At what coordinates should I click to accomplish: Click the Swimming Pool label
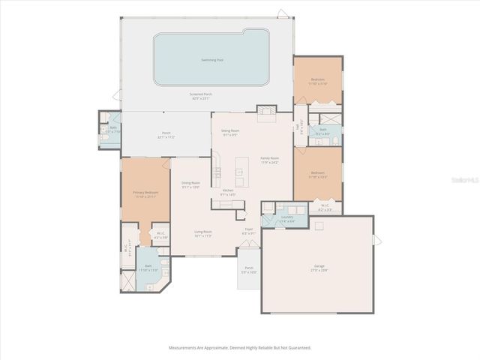[x=211, y=59]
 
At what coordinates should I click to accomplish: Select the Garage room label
[x=319, y=269]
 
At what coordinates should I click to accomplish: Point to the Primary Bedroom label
[x=145, y=193]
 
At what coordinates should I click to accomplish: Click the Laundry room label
[x=287, y=218]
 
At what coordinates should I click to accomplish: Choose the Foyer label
[x=249, y=232]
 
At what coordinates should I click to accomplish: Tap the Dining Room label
[x=190, y=184]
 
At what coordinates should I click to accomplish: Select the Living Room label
[x=202, y=233]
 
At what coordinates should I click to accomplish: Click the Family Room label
[x=269, y=160]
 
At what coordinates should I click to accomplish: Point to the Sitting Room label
[x=229, y=133]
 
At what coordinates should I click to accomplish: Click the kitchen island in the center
[x=240, y=172]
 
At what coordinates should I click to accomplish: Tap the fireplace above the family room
[x=265, y=114]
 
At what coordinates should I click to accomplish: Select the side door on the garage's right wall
[x=377, y=239]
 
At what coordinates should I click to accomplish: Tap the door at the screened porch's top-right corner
[x=282, y=13]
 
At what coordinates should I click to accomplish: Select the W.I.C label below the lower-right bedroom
[x=325, y=208]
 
